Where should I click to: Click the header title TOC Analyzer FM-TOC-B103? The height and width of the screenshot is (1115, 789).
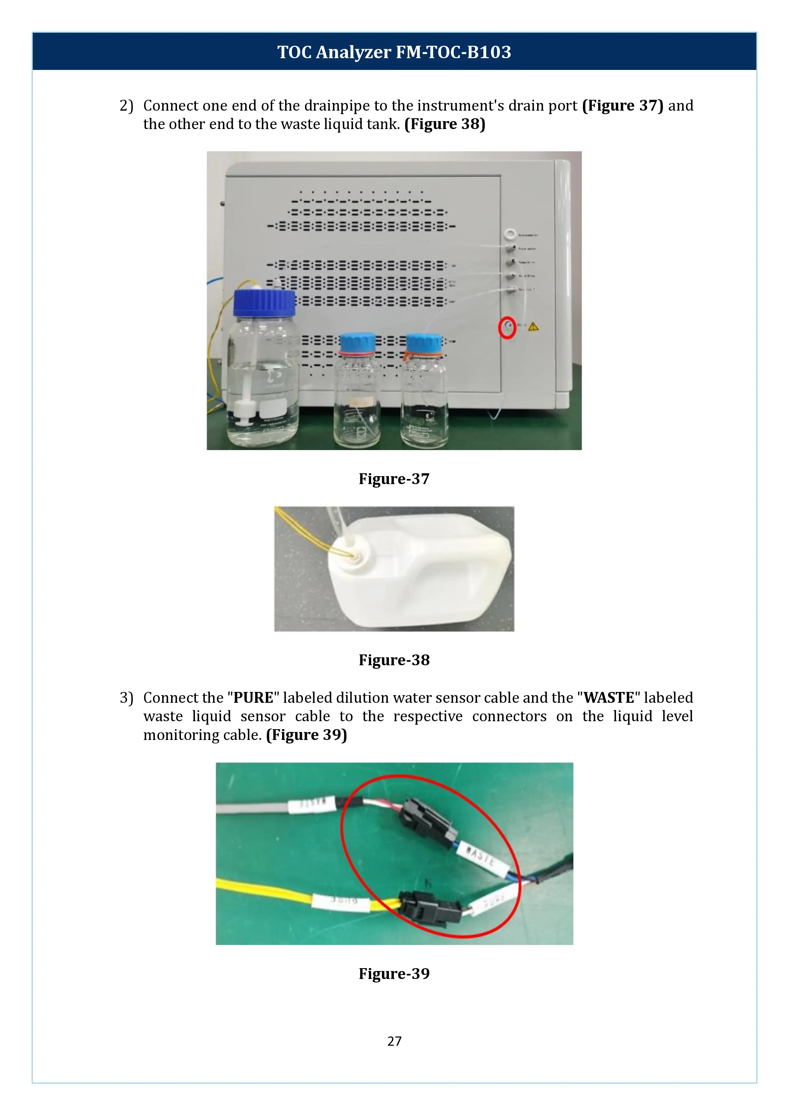point(394,52)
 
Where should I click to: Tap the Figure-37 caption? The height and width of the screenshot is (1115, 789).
point(394,479)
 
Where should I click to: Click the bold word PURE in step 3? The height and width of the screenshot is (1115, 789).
point(253,698)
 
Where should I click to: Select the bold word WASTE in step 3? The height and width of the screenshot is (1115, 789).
point(609,698)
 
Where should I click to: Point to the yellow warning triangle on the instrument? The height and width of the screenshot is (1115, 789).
point(533,326)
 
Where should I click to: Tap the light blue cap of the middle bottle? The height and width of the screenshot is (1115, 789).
point(357,343)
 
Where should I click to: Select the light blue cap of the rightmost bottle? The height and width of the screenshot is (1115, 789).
point(424,343)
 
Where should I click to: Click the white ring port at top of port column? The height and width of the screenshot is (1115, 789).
point(510,235)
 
